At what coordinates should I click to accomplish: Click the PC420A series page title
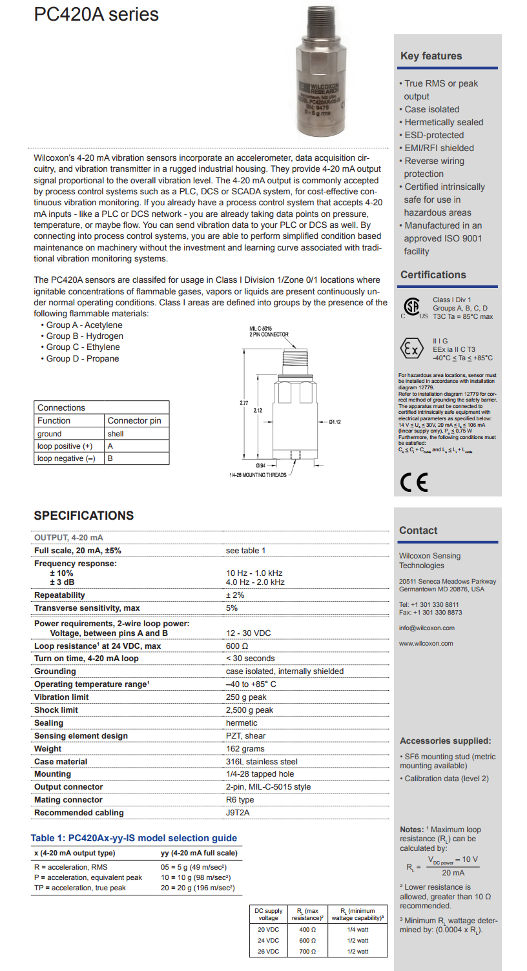[96, 14]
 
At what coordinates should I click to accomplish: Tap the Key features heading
[431, 56]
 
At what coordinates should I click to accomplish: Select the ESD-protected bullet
[433, 135]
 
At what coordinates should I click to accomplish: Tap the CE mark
[413, 482]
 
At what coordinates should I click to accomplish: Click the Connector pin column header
[134, 420]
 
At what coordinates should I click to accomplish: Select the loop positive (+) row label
[65, 446]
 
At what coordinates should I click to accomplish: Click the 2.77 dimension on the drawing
[243, 403]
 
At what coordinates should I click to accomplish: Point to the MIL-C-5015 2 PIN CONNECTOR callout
[269, 332]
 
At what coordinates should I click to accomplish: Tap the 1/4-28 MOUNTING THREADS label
[258, 475]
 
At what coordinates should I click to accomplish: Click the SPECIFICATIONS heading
[84, 516]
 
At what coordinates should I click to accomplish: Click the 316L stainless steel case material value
[262, 762]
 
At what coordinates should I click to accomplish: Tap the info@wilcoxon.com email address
[426, 628]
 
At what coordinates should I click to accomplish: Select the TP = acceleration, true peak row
[80, 888]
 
